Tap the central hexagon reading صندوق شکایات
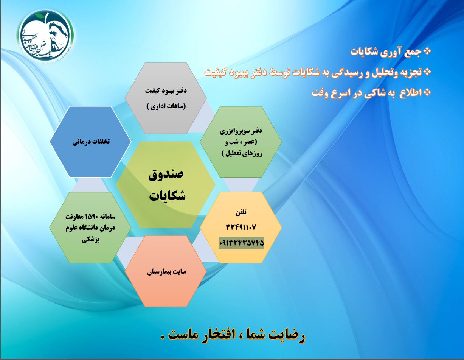[166, 184]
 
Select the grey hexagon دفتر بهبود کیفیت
[166, 98]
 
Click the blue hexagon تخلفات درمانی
[90, 142]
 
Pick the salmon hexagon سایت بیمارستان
[166, 271]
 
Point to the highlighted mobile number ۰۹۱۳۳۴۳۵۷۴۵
[241, 243]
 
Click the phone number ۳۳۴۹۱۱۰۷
[241, 228]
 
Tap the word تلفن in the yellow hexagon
[241, 212]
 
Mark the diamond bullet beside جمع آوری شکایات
[427, 51]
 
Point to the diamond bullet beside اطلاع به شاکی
[427, 92]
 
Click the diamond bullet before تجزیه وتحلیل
[427, 72]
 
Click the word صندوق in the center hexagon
[166, 175]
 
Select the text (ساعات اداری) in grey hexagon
[166, 106]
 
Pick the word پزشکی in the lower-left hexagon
[90, 239]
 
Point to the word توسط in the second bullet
[279, 72]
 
